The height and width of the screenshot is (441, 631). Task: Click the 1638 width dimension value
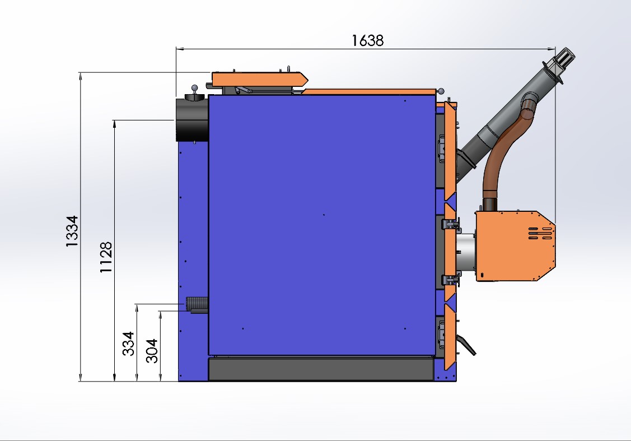point(367,40)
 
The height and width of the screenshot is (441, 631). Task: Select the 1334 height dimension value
point(72,231)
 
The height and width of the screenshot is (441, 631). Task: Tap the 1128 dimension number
point(106,257)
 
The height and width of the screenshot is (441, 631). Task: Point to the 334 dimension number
point(128,343)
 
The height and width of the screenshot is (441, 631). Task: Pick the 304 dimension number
point(152,351)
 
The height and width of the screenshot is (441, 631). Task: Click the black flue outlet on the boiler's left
point(191,119)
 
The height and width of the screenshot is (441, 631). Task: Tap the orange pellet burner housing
point(515,245)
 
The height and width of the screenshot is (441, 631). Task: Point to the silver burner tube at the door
point(466,254)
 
